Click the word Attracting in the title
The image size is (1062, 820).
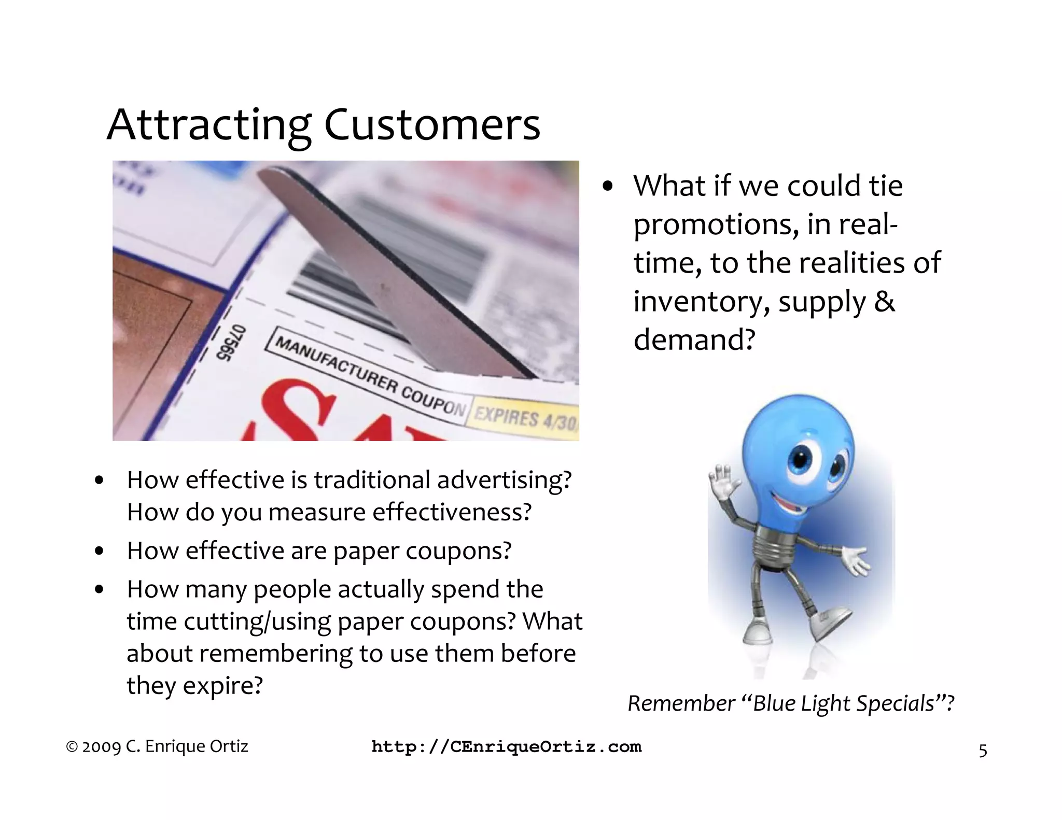(x=209, y=126)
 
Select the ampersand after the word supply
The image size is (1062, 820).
(x=884, y=302)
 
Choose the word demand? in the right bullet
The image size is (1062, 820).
(x=694, y=340)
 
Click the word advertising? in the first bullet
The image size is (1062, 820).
(x=504, y=480)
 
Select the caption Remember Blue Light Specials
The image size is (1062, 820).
(x=791, y=704)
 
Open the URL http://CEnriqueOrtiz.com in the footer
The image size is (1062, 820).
(x=507, y=747)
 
